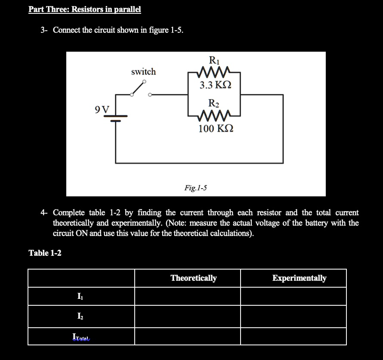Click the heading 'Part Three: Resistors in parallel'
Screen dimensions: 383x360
(85, 9)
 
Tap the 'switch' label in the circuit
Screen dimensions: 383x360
(143, 71)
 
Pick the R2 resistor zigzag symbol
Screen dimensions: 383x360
(214, 115)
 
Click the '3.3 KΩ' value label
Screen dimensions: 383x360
(215, 85)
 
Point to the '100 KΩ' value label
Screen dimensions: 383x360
(216, 128)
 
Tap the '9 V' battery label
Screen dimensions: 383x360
(102, 109)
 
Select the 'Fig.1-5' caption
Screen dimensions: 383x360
(196, 187)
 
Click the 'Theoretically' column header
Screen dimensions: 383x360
(194, 278)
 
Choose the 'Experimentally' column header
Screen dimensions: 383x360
(299, 278)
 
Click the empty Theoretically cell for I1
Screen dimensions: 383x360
(187, 296)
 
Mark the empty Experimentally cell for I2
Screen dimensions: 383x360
(293, 317)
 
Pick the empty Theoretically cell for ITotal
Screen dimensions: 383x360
(187, 336)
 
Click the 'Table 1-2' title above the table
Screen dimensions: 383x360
(45, 253)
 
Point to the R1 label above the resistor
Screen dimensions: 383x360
(213, 60)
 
